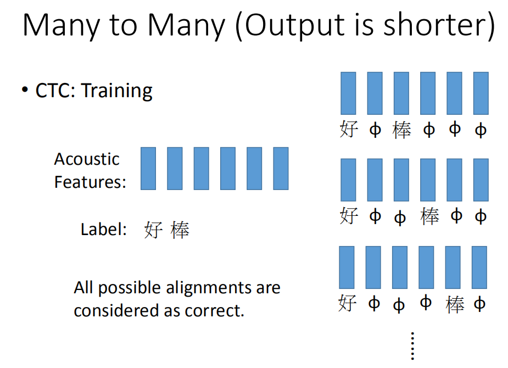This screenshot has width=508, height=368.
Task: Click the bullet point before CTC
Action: tap(25, 89)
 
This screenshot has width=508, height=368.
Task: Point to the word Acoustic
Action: tap(87, 159)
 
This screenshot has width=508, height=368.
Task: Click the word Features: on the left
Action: tap(90, 182)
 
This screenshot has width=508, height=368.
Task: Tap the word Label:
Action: tap(104, 230)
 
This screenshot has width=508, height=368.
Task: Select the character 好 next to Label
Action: tap(153, 230)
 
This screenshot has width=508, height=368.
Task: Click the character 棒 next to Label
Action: tap(180, 230)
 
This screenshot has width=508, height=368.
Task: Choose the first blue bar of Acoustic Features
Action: tap(148, 169)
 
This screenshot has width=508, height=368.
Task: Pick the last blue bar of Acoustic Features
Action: tap(281, 169)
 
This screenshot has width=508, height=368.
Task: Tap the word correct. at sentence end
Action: tap(215, 311)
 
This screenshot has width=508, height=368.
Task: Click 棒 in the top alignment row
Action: tap(402, 130)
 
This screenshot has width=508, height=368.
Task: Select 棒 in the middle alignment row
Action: tap(429, 216)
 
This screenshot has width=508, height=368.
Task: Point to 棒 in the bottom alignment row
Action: tap(455, 304)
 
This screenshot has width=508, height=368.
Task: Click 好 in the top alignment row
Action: tap(349, 129)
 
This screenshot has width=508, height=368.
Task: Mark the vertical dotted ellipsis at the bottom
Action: tap(412, 346)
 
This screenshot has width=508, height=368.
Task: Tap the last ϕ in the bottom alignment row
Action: tap(479, 304)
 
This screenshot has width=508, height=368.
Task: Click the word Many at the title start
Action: tap(60, 26)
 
